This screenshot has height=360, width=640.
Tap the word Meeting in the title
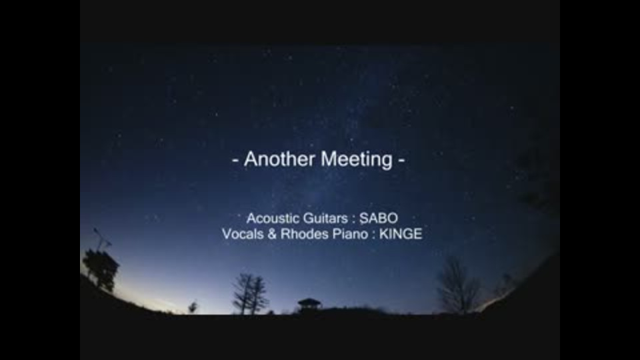point(356,159)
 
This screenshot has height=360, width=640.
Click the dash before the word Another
point(235,161)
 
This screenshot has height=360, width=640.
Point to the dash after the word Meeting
point(401,161)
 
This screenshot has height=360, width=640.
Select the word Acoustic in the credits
point(271,219)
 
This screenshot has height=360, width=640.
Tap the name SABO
point(379,219)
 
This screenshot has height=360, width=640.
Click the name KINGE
point(401,234)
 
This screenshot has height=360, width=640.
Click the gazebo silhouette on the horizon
point(309,305)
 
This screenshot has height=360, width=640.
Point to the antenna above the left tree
point(101,239)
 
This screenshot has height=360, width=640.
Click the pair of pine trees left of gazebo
point(250,293)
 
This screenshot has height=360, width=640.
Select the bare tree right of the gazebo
point(458,285)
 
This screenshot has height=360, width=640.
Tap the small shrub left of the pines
point(193,307)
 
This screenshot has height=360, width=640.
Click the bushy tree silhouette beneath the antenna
point(101,269)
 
